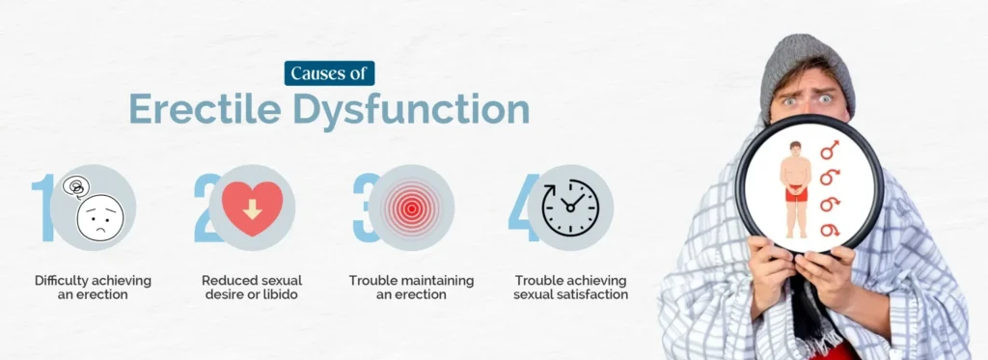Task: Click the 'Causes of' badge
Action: pos(329,73)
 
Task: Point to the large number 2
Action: pos(206,208)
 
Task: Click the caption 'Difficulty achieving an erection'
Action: pos(93,287)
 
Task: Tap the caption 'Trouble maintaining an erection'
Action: pos(411,287)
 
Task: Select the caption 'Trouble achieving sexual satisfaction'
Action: pos(570,287)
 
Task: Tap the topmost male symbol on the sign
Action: pos(830,151)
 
